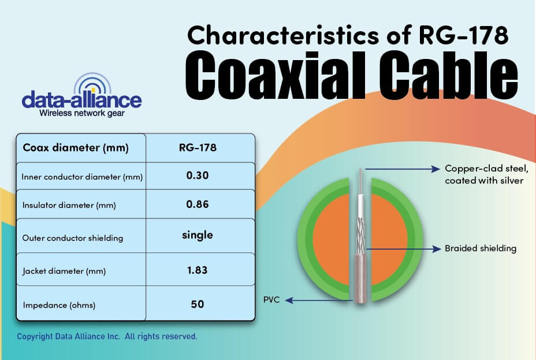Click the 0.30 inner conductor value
[x=197, y=176]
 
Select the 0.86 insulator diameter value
[x=197, y=205]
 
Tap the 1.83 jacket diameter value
[x=197, y=270]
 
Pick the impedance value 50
[x=197, y=304]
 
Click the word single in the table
[x=197, y=235]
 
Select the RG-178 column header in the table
[x=198, y=147]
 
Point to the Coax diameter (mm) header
[x=76, y=148]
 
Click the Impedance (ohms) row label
[x=59, y=305]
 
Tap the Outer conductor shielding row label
[x=72, y=238]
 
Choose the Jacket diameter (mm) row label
[x=64, y=271]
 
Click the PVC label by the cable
[x=271, y=300]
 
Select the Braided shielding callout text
[x=481, y=248]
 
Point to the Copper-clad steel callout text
[x=486, y=175]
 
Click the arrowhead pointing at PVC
[x=289, y=300]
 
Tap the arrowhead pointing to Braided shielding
[x=437, y=249]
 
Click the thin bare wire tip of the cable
[x=360, y=170]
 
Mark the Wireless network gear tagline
[x=81, y=113]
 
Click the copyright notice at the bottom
[x=107, y=336]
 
